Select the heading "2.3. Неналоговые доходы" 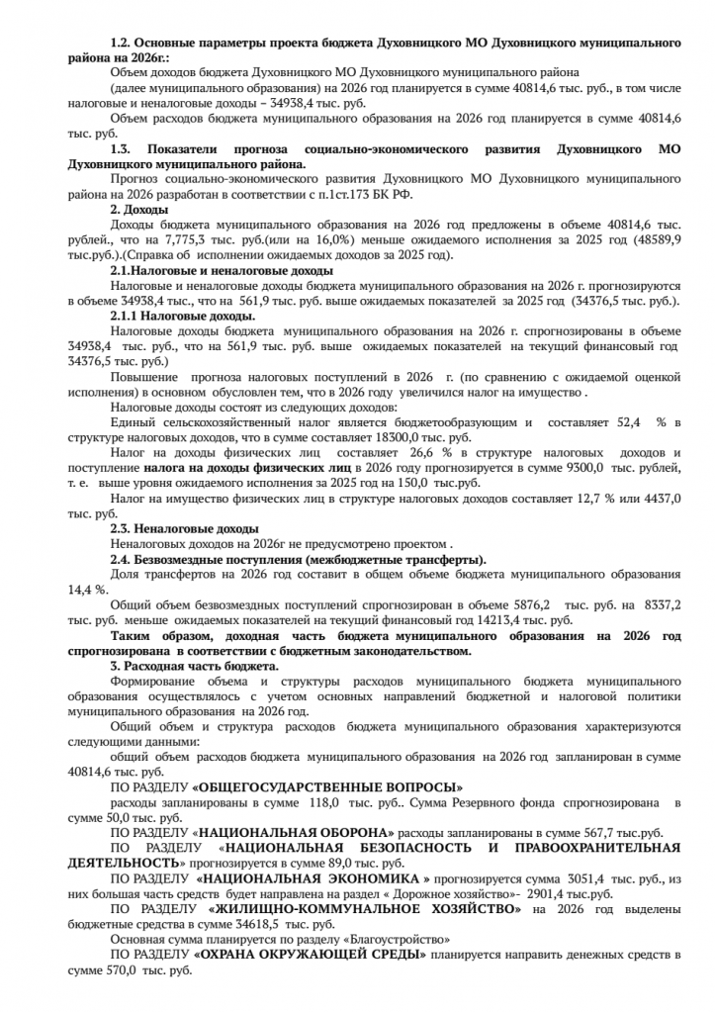(x=184, y=529)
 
